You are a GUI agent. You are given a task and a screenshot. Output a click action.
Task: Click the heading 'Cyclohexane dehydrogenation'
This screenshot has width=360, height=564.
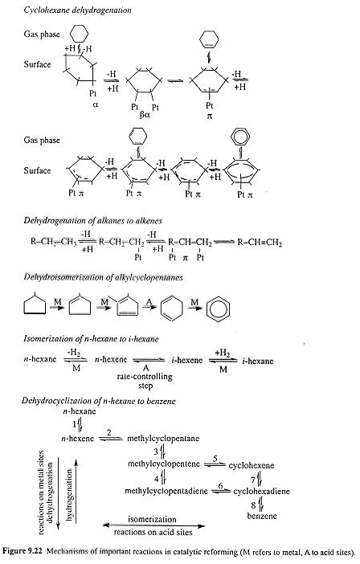tap(77, 10)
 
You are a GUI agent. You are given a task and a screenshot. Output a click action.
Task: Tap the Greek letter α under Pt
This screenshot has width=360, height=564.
tap(96, 105)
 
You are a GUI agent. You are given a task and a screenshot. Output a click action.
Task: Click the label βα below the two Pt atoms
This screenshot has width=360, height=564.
tap(145, 116)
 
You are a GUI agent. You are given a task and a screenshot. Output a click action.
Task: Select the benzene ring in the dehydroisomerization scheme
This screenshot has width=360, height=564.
tap(218, 309)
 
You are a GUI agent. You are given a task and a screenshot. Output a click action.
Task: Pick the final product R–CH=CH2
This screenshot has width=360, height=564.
tap(260, 243)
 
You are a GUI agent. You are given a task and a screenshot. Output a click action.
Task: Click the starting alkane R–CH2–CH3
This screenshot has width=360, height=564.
tap(54, 242)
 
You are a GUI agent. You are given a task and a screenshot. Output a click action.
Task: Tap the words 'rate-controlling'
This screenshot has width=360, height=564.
tap(145, 377)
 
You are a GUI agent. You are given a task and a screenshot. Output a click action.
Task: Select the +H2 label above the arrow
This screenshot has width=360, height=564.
tap(223, 354)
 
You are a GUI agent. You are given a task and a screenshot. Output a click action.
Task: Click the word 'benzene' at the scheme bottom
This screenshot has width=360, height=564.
tap(262, 516)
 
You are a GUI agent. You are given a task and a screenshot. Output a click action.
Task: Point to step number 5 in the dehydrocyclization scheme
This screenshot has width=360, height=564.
tap(215, 458)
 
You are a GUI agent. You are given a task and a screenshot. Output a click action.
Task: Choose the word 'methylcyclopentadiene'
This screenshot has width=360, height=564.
tap(166, 491)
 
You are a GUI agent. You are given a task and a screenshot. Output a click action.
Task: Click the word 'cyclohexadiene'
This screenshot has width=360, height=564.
tap(261, 491)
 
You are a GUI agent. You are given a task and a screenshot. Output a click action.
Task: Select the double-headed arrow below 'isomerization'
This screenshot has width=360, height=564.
tap(154, 525)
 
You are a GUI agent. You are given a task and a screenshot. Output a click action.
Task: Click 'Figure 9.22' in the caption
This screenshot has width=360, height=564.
tap(22, 550)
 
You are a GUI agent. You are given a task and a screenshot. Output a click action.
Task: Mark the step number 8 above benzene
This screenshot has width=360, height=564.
tap(253, 505)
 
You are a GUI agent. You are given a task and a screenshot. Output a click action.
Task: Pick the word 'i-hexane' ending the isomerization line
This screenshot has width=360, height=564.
tap(257, 361)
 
